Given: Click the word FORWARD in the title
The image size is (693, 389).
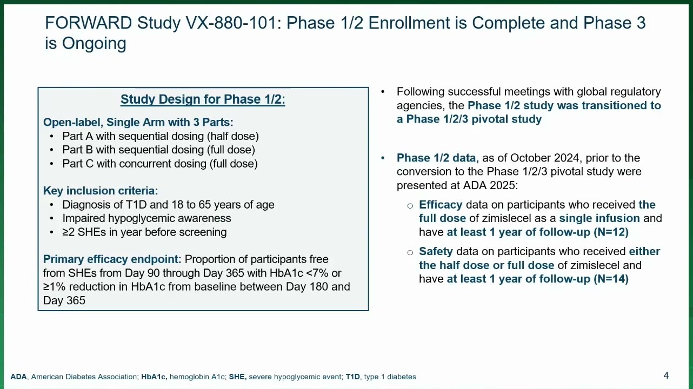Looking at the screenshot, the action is click(89, 23).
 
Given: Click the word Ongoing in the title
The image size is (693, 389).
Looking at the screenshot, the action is click(94, 44).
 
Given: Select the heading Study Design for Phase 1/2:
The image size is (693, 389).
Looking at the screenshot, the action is click(203, 99).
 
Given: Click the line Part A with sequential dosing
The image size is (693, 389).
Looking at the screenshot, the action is click(161, 136).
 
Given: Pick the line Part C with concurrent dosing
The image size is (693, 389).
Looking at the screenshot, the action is click(160, 164).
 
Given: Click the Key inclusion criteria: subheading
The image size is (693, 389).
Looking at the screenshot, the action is click(101, 191).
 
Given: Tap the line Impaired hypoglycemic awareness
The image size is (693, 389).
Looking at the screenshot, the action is click(146, 218).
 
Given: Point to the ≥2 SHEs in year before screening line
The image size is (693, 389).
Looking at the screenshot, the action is click(144, 232).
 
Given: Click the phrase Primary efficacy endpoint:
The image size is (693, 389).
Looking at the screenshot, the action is click(112, 259).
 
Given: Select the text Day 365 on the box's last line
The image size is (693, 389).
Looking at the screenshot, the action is click(64, 300).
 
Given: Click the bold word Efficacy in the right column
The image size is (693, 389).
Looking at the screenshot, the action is click(441, 205).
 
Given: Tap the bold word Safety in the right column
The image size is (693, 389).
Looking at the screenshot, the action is click(436, 251).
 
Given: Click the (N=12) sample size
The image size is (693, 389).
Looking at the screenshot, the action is click(611, 232).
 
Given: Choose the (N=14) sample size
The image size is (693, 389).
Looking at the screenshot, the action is click(611, 279).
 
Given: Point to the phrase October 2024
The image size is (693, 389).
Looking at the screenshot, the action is click(544, 158).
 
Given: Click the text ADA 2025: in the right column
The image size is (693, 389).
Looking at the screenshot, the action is click(490, 185).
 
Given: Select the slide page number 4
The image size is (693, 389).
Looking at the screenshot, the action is click(666, 375).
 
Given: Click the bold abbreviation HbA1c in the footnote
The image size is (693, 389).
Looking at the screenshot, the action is click(154, 377).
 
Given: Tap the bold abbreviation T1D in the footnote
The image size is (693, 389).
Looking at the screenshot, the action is click(352, 377).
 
